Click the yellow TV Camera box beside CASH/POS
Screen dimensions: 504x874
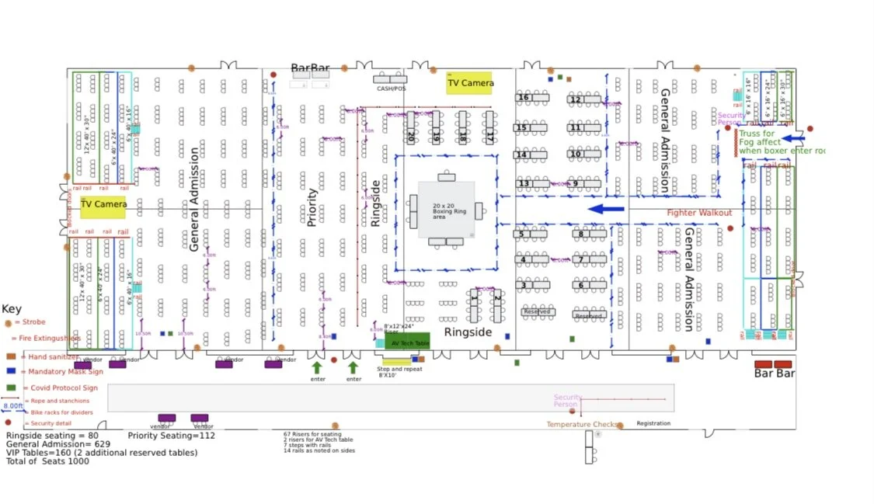469,83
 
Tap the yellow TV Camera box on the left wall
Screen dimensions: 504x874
103,207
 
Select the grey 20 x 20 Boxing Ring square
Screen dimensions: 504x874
446,210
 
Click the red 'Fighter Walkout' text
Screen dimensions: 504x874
699,213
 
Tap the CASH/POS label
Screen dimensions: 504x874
392,89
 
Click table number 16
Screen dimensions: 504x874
523,98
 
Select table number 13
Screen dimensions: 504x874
524,184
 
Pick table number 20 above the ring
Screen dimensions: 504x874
411,135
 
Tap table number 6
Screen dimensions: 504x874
580,285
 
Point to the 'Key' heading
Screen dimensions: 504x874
12,308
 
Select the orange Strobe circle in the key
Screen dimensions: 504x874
9,322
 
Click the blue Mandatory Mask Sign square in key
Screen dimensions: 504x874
11,371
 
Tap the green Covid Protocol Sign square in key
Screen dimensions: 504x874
11,387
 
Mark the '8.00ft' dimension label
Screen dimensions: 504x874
12,405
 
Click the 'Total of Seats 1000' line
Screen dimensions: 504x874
47,461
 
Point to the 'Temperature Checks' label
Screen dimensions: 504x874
582,425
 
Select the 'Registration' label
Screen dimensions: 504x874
653,423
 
